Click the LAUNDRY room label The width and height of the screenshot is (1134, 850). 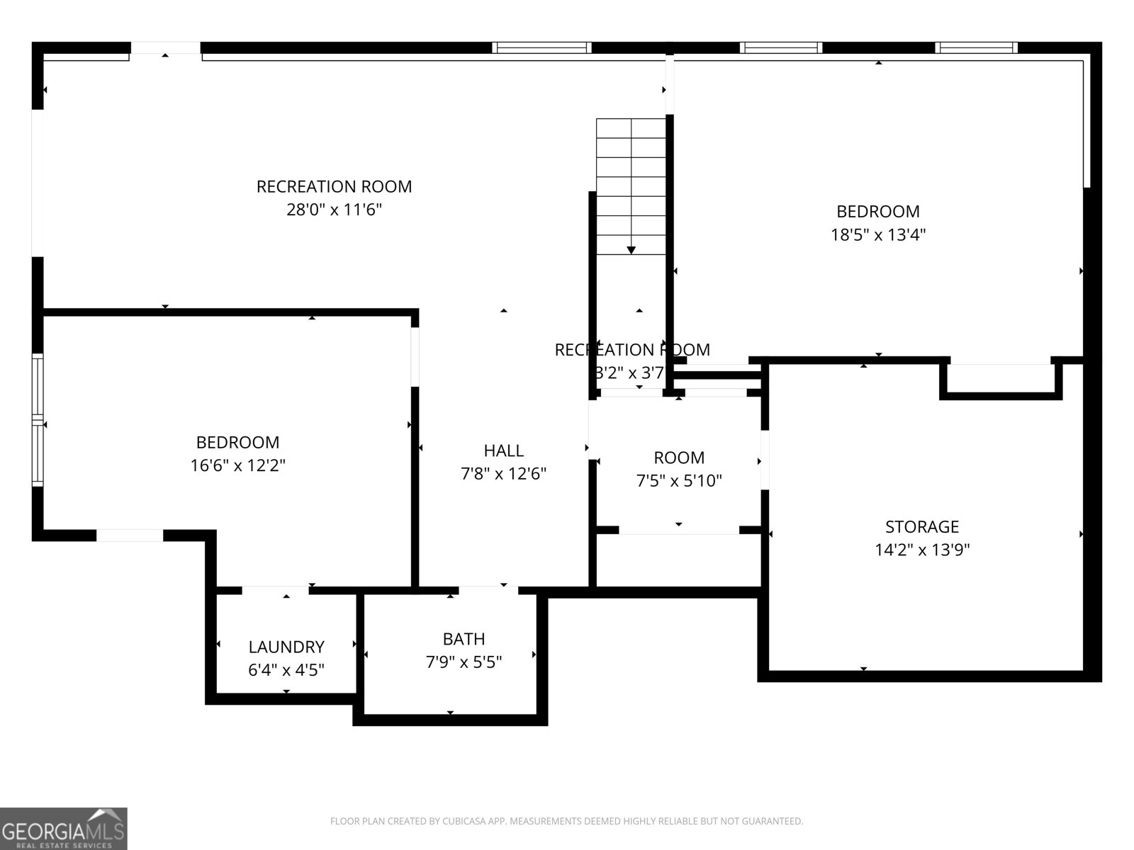click(286, 647)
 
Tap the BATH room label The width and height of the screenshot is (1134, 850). click(464, 639)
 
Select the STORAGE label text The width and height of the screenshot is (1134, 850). click(921, 526)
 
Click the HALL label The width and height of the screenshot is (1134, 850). click(504, 450)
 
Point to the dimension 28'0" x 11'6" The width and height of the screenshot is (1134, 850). click(334, 210)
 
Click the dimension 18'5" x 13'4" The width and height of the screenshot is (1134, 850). click(878, 234)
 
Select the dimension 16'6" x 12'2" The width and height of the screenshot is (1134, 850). click(237, 465)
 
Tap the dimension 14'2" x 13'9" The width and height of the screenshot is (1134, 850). click(921, 550)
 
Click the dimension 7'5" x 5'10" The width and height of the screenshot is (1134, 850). click(679, 481)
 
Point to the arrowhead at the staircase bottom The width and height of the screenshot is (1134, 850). click(631, 250)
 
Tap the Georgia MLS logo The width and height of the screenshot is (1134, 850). click(64, 828)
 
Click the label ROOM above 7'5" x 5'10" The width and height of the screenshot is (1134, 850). click(679, 458)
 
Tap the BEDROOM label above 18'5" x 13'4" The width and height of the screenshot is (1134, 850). click(878, 211)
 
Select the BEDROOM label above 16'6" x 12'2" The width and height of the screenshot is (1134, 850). click(237, 442)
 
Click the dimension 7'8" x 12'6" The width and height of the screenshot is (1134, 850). click(504, 474)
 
